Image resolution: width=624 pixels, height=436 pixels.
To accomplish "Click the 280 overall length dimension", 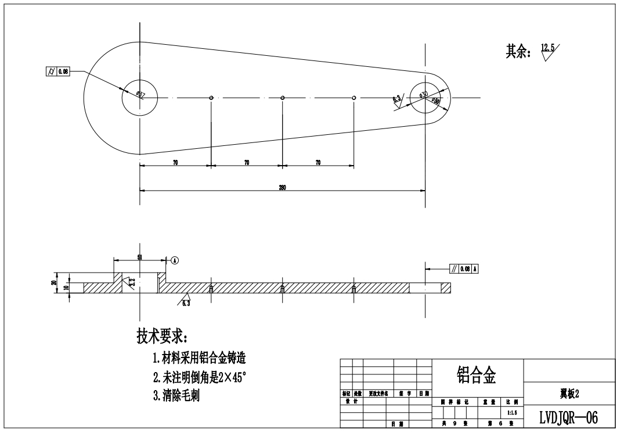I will click(x=283, y=187).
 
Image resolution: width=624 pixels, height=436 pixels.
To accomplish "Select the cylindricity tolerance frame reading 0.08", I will click(x=57, y=72).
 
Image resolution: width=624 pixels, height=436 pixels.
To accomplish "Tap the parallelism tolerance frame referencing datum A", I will click(x=464, y=269).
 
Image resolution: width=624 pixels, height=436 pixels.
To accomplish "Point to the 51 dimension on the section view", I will click(x=139, y=258).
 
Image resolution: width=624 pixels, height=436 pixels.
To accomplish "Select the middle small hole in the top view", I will click(x=282, y=98).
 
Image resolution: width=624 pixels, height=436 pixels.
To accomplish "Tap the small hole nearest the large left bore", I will click(x=211, y=98).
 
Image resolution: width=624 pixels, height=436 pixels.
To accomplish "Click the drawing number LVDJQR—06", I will click(x=569, y=417).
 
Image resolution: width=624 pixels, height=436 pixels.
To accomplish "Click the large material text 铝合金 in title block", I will click(x=477, y=375).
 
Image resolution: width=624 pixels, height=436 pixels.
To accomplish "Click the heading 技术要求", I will click(x=161, y=336).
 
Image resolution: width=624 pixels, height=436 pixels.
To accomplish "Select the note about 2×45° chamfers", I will click(x=200, y=377).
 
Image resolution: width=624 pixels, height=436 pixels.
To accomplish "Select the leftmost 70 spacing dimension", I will click(x=175, y=163).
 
